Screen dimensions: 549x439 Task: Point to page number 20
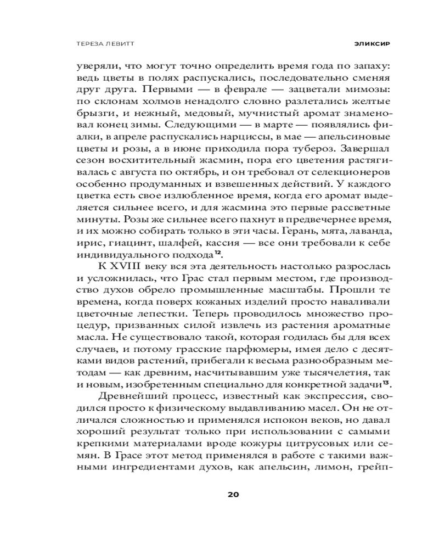(233, 494)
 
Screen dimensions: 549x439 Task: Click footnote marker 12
(217, 252)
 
